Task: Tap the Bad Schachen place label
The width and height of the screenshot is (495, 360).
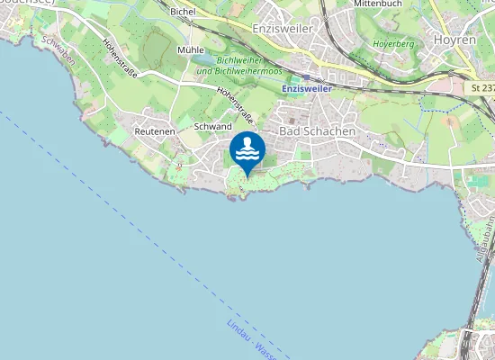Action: click(318, 131)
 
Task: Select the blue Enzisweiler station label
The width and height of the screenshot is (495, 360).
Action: click(306, 89)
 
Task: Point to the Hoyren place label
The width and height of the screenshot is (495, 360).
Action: click(455, 40)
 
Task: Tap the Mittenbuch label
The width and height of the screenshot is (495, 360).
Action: click(377, 4)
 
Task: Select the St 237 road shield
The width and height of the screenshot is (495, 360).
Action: click(482, 87)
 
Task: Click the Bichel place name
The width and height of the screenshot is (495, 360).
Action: click(183, 12)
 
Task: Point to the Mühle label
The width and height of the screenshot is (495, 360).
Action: click(191, 50)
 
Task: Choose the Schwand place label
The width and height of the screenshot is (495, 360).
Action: click(212, 127)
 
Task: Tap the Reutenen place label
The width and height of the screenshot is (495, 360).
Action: click(152, 131)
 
